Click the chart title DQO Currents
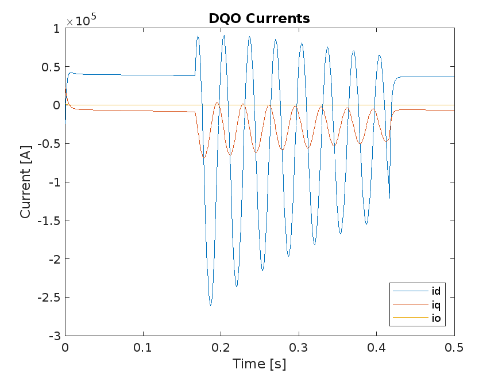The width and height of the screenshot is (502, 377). [259, 18]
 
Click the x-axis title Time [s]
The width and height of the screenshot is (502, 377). [259, 364]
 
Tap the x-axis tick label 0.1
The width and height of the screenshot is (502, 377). [142, 348]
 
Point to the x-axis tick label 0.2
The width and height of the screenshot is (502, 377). [221, 348]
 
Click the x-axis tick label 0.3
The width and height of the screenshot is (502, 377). [299, 348]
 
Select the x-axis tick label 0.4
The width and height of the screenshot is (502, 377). [376, 348]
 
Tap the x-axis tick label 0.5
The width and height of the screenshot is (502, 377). [454, 348]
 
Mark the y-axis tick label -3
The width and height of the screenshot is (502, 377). [55, 336]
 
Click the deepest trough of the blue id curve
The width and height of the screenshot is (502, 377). [210, 305]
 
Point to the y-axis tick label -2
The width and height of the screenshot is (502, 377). [54, 259]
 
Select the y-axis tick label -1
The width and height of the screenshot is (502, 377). [54, 182]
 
